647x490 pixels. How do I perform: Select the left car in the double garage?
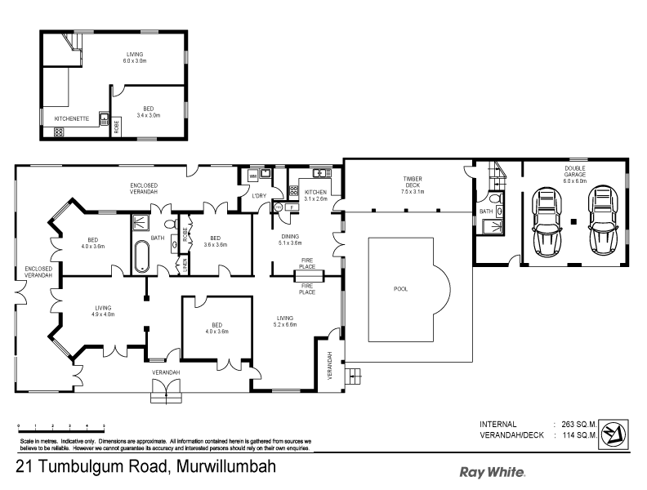pos(547,221)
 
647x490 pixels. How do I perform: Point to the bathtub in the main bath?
pos(141,256)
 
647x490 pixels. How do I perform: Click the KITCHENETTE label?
pos(69,118)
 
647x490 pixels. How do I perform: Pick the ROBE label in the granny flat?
pos(117,126)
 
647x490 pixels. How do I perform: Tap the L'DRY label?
pos(259,195)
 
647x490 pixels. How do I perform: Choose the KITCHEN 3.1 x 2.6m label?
pos(316,195)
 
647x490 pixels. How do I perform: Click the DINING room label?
pos(291,239)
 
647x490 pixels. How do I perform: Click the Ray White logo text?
pos(492,471)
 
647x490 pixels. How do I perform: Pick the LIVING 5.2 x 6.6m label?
pos(286,321)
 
